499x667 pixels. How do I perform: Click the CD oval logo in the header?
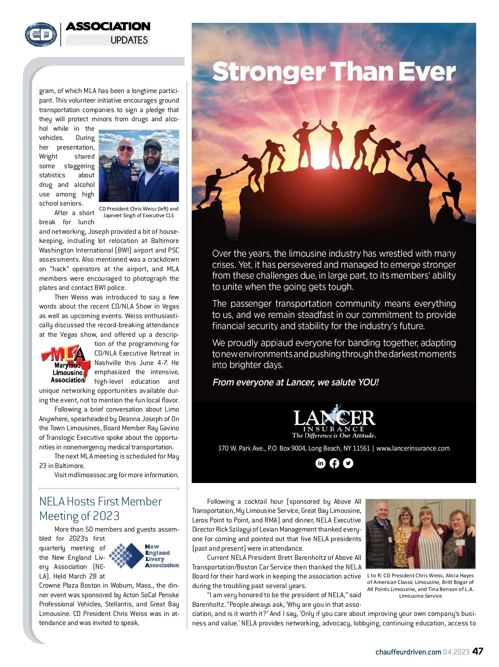41,34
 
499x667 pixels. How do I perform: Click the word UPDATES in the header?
129,40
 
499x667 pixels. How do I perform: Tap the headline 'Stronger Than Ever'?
333,72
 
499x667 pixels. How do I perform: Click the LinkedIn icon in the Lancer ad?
320,463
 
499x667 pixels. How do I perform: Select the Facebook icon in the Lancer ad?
334,463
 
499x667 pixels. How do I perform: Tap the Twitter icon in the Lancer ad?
348,463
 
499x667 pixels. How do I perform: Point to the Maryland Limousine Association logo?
66,365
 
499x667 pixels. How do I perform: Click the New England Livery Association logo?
144,556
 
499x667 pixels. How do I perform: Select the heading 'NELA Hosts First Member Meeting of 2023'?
100,508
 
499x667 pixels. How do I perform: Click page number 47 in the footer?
478,651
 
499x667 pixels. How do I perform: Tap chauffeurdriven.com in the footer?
408,652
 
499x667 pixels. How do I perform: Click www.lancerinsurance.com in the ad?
413,448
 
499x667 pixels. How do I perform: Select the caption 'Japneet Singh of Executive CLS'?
138,216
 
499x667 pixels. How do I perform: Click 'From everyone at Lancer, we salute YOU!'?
295,382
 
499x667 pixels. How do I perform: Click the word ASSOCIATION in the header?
108,26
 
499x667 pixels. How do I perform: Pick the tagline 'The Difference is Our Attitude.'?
334,436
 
